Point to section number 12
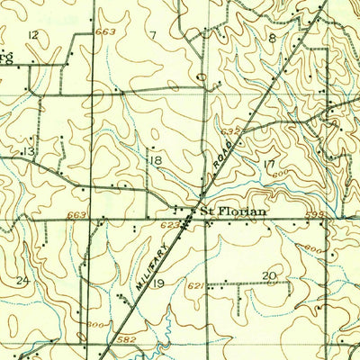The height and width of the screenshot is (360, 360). (33, 34)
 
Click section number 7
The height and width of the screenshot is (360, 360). (153, 35)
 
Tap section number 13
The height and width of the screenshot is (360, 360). (29, 152)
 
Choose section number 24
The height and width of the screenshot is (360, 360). (22, 281)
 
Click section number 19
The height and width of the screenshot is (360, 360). (158, 283)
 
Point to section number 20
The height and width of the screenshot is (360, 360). (268, 275)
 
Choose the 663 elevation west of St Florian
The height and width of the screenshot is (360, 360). (76, 215)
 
